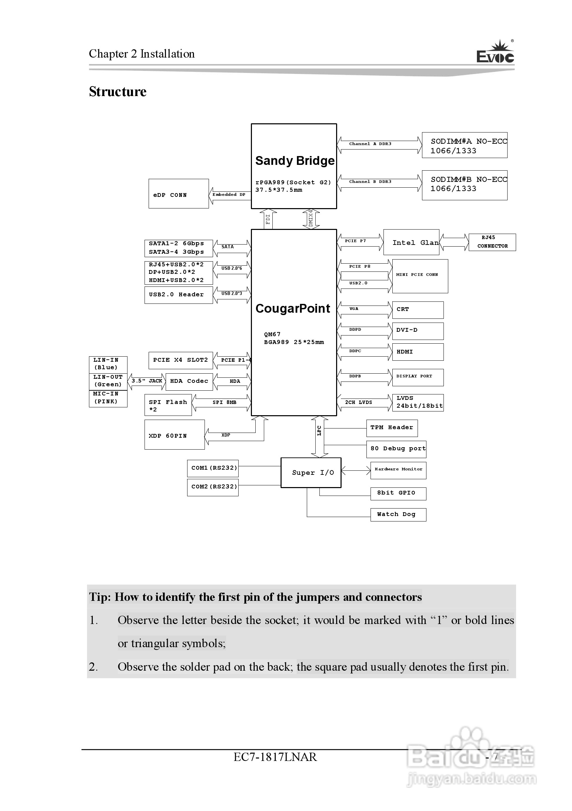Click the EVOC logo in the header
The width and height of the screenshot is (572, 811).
coord(495,52)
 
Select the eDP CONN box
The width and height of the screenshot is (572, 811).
coord(179,193)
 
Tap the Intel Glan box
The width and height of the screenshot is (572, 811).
coord(411,242)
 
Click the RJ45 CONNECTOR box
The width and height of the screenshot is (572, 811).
coord(492,242)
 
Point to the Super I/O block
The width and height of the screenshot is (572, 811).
coord(311,473)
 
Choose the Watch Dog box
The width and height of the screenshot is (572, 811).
coord(398,515)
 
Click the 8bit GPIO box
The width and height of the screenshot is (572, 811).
coord(398,494)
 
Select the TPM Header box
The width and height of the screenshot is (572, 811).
coord(392,428)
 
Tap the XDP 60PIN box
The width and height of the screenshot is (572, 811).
coord(174,435)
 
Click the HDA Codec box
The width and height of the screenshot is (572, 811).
coord(189,381)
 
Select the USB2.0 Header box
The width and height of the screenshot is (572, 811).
coord(179,295)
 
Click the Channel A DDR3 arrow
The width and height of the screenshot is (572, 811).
coord(379,144)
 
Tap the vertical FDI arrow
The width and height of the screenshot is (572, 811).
coord(268,219)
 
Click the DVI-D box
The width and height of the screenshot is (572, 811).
coord(418,331)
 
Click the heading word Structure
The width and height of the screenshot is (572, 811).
coord(117,92)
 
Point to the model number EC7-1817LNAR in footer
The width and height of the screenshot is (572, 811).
coord(275,757)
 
